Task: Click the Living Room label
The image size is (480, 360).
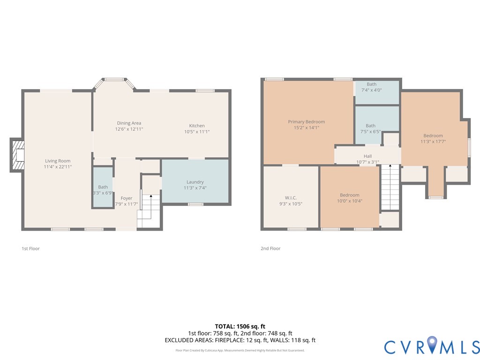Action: coord(58,161)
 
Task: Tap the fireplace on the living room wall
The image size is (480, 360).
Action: coord(17,155)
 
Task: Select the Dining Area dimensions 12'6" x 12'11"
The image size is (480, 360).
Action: coord(129,129)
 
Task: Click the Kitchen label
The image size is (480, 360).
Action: coord(197,126)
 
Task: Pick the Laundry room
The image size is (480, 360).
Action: coord(195,182)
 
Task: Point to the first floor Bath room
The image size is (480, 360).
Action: coord(103,187)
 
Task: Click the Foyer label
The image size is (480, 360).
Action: coord(126,198)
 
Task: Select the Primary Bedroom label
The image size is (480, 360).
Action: coord(306,122)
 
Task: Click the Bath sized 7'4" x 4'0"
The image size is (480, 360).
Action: coord(371,84)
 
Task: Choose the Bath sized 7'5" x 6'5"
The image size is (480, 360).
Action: coord(371,126)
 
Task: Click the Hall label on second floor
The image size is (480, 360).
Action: coord(367,157)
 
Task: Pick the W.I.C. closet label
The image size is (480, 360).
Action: coord(291,198)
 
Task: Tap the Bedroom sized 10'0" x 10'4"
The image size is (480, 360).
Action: coord(350,195)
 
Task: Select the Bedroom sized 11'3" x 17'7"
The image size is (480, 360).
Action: coord(433,136)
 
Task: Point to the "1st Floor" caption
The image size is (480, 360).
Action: coord(31,248)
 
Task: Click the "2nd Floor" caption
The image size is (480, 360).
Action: coord(270,248)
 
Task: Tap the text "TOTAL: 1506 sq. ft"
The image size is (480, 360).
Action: coord(240,326)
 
